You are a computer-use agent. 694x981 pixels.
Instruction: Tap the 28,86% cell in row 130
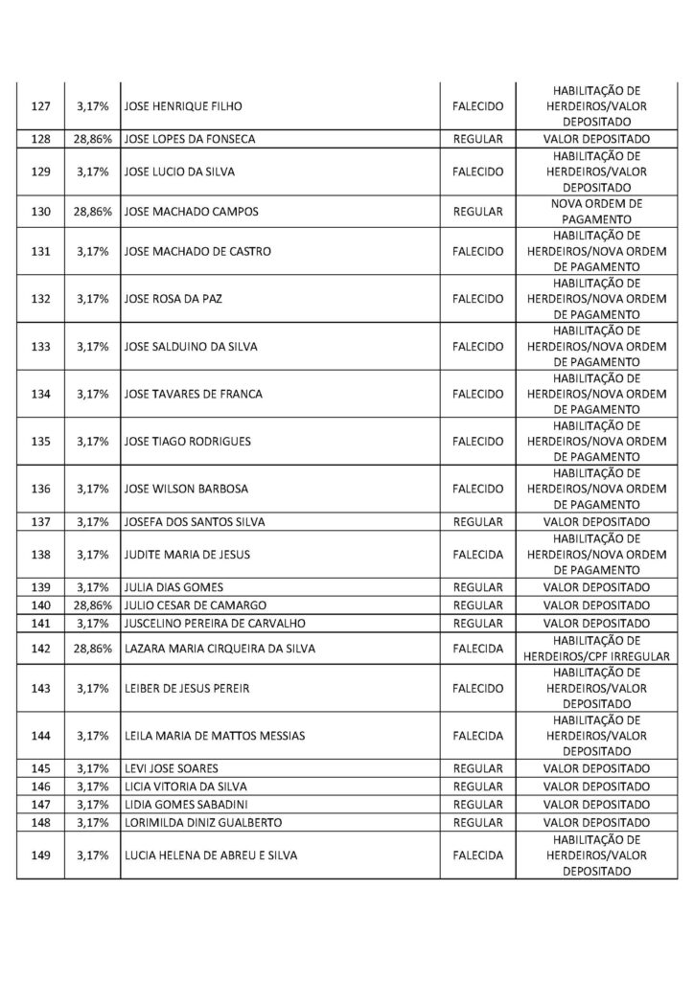[93, 210]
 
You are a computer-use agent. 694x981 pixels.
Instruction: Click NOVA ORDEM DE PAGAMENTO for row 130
[595, 210]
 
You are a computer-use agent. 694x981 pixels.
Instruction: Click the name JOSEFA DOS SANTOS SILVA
[195, 522]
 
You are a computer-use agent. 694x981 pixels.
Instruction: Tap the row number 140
[40, 605]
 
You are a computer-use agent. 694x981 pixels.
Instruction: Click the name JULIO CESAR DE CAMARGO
[196, 605]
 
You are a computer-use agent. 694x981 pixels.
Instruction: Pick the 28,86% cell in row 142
[93, 648]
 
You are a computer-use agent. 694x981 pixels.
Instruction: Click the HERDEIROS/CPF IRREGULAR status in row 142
[595, 656]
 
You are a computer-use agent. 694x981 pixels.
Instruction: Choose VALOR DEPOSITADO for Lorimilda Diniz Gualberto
[595, 822]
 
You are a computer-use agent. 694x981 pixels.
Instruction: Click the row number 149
[40, 855]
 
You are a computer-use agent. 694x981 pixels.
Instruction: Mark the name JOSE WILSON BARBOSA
[186, 489]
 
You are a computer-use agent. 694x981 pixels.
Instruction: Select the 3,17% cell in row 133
[93, 346]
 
